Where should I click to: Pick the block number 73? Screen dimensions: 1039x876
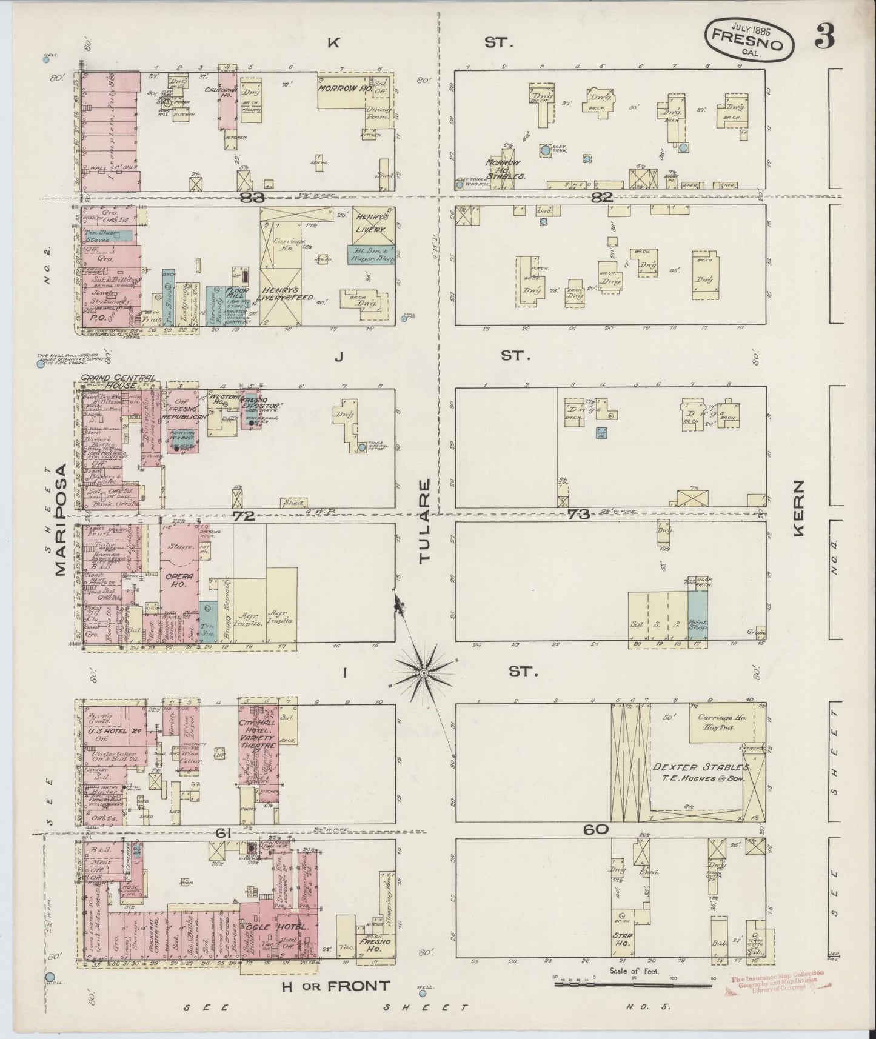click(x=579, y=515)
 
